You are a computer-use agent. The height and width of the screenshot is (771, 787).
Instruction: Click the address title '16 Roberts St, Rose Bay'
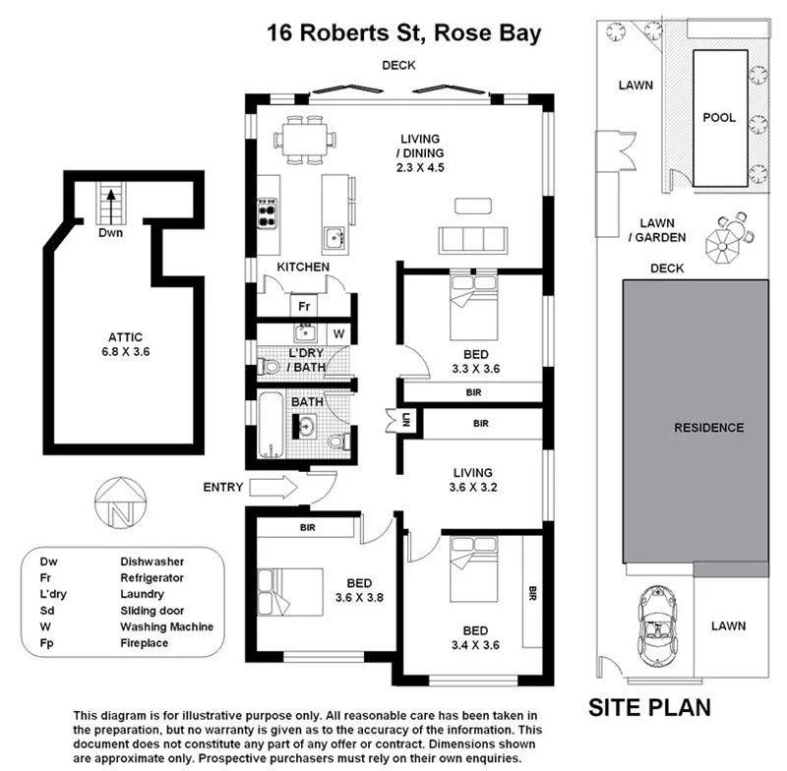click(403, 32)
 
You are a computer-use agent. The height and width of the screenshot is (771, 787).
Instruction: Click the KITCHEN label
click(302, 267)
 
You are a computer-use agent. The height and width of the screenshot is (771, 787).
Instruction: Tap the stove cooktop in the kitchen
click(267, 213)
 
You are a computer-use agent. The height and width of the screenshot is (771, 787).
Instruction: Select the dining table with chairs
click(304, 140)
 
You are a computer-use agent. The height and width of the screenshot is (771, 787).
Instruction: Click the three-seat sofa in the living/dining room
click(473, 239)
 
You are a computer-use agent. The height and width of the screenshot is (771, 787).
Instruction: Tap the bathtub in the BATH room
click(271, 425)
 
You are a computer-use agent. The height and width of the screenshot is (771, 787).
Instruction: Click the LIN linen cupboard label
click(406, 422)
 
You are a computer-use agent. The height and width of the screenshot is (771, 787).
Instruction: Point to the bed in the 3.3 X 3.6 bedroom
click(473, 294)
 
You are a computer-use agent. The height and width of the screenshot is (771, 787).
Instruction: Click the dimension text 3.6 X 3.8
click(332, 596)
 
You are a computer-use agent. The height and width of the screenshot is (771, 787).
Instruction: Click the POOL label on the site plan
click(718, 117)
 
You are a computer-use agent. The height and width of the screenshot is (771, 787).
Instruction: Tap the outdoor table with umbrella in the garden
click(729, 238)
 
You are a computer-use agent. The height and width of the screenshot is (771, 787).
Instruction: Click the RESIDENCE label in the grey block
click(708, 428)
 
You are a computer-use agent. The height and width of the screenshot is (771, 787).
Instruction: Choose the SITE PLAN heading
click(648, 707)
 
